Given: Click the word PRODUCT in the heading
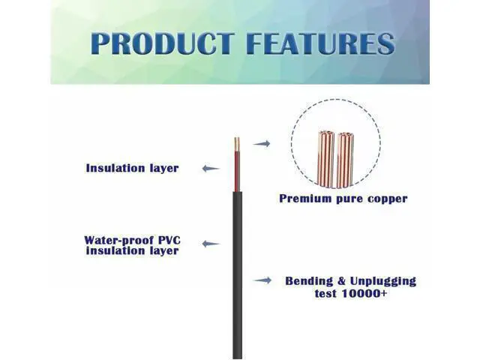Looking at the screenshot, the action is point(162,43).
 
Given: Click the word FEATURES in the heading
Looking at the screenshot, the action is point(320,43).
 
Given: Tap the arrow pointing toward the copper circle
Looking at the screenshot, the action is point(262,143).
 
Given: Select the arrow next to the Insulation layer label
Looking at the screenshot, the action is point(211,168).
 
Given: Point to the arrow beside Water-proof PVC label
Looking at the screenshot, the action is point(211,244).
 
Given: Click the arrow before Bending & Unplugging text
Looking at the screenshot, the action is point(262,280).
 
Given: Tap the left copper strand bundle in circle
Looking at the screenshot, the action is point(326,158).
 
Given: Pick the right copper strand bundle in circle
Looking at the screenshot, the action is point(345,160).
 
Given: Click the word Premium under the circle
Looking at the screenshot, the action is point(305,198).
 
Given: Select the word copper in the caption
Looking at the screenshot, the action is point(388,199).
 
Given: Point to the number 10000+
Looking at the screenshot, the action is point(364,293).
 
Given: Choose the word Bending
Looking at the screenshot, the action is point(309,281).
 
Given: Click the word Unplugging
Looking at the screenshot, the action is point(383,281).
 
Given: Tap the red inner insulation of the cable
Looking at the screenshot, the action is point(237,172).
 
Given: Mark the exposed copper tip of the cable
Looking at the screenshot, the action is point(237,144).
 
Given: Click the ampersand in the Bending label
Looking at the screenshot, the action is point(341,280).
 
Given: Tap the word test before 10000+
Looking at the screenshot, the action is point(326,293).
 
